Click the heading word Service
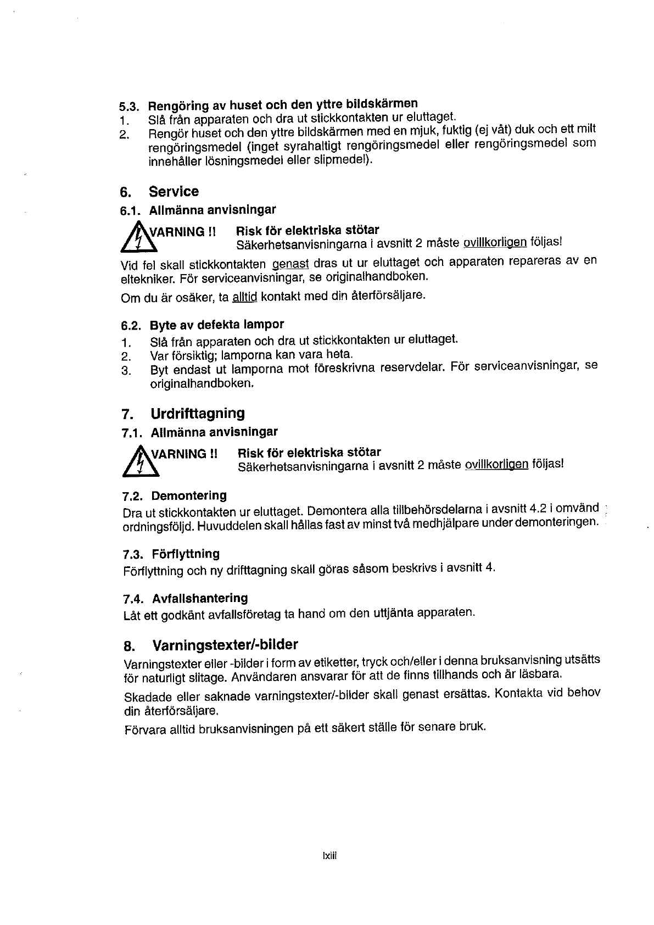[174, 192]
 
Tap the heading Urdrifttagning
[198, 413]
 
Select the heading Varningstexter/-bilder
[225, 644]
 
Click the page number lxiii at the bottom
[329, 855]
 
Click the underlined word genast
[291, 264]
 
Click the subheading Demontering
[189, 496]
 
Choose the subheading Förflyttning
[186, 554]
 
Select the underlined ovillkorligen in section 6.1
[495, 242]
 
